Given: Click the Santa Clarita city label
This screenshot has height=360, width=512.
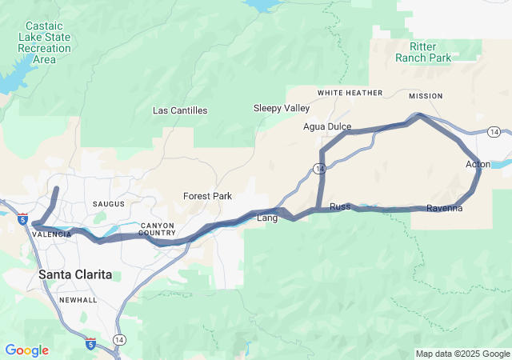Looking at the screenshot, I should [x=75, y=274].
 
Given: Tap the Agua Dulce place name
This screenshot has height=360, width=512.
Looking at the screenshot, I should [x=327, y=126].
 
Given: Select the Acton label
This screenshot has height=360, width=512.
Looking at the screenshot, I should [x=478, y=164].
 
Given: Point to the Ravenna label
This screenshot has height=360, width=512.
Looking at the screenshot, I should [x=444, y=209].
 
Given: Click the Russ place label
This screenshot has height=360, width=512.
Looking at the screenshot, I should [x=340, y=206].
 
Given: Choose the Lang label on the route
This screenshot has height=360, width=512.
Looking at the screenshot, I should [x=266, y=218].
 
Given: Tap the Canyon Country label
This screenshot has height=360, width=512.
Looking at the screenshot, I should [x=157, y=229].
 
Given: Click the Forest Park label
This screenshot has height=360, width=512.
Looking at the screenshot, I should [x=207, y=196].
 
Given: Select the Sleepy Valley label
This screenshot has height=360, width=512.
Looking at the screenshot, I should [x=282, y=108].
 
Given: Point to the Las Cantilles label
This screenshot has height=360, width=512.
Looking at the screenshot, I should [x=180, y=110].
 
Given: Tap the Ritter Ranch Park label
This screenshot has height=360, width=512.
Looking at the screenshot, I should [x=423, y=52].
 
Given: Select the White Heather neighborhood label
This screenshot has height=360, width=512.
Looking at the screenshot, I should [x=350, y=93].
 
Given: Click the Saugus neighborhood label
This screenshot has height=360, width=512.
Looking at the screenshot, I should [x=110, y=205].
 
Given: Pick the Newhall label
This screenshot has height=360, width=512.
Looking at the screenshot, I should [x=78, y=300].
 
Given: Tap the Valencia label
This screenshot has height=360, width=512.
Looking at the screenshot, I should [x=52, y=234].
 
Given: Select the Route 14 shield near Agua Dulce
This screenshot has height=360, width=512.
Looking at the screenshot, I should [x=319, y=169].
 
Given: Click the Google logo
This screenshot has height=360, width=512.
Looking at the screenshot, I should [x=26, y=350].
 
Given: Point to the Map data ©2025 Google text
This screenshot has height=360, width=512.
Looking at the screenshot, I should [x=462, y=354].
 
